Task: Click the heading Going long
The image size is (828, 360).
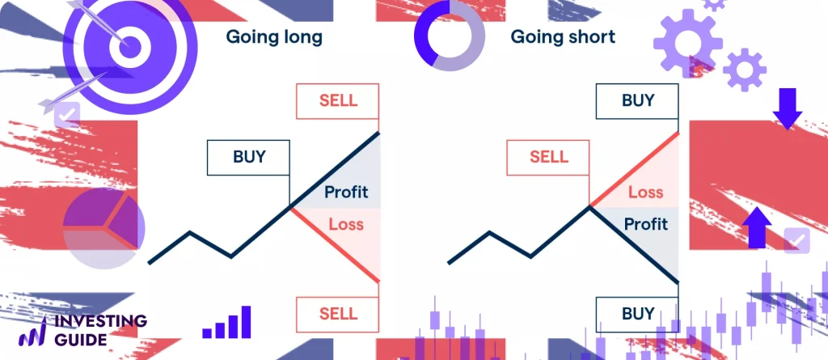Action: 273,37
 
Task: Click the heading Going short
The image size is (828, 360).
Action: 563,37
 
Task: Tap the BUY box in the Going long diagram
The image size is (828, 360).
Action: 248,156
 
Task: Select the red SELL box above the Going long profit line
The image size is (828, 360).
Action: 338,101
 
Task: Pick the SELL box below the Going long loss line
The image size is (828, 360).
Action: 338,312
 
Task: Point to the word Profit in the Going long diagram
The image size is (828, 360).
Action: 346,193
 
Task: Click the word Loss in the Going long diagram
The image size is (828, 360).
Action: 346,224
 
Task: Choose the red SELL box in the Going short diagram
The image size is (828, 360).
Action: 549,157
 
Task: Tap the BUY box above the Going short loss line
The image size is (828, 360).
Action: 638,101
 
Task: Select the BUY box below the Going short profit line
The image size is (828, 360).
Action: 638,312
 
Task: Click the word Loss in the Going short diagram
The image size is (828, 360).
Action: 645,193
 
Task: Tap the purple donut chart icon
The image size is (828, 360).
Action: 450,36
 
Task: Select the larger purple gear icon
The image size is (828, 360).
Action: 687,42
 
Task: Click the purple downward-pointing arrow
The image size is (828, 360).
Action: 787,111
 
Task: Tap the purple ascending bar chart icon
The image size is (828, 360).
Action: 227,323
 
